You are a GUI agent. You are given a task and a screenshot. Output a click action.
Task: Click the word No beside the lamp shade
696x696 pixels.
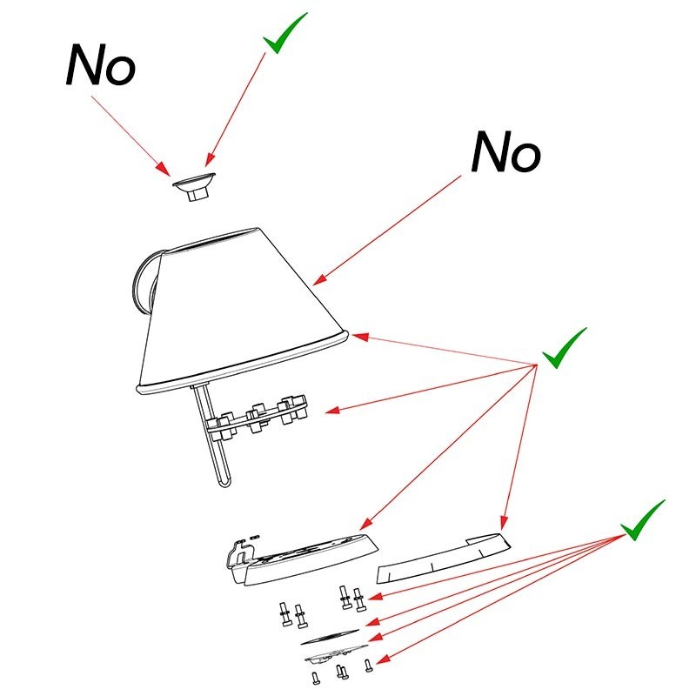(505, 153)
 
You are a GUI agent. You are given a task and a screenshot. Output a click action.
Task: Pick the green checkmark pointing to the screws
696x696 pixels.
(642, 520)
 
